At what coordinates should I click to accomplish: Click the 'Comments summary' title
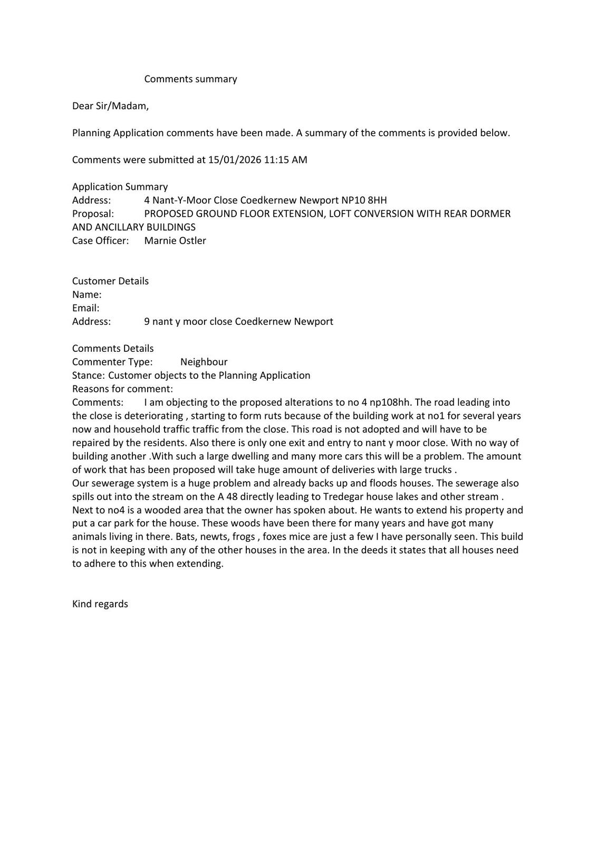point(190,79)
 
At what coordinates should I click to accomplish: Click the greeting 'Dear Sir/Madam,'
point(110,106)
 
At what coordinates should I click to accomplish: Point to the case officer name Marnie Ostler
point(175,241)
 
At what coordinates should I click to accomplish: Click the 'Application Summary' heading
point(120,187)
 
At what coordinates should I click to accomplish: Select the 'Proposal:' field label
point(93,214)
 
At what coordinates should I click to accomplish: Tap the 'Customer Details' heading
point(110,281)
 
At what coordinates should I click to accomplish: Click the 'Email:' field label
point(85,308)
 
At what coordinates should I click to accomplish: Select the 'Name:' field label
point(86,294)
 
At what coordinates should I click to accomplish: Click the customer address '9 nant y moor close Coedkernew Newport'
point(238,321)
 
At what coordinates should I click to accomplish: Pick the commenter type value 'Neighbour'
point(204,362)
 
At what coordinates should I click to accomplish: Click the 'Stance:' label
point(88,376)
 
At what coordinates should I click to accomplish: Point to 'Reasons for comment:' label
point(122,389)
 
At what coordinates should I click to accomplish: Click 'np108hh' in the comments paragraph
point(390,402)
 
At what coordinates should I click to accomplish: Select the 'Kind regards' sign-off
point(100,604)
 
